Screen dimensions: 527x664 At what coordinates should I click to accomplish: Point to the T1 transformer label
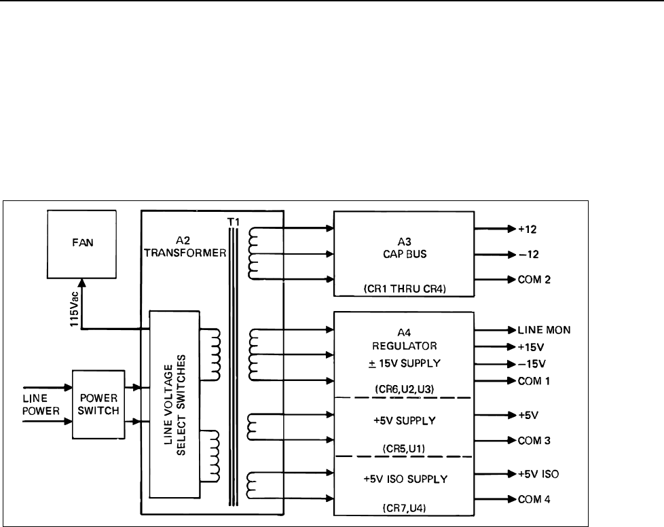[234, 221]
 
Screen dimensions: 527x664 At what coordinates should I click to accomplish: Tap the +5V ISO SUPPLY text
[403, 479]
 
